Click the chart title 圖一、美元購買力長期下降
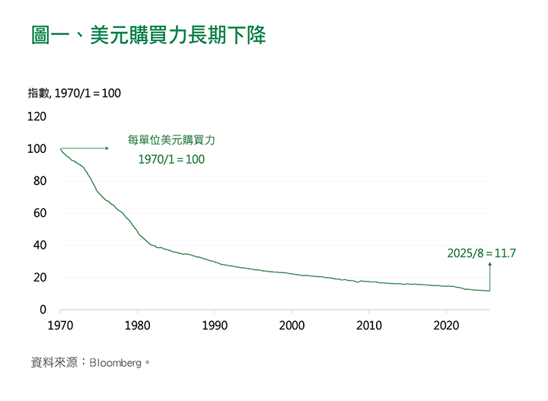(148, 36)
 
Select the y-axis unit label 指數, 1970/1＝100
(74, 94)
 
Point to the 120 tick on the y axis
(37, 116)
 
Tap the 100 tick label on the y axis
(37, 149)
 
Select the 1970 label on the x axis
(59, 326)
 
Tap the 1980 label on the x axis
(137, 326)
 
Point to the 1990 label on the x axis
(215, 326)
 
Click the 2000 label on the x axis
(292, 326)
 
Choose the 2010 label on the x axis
(369, 326)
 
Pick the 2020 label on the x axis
(447, 326)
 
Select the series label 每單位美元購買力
(171, 141)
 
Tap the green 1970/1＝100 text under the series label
(171, 160)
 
